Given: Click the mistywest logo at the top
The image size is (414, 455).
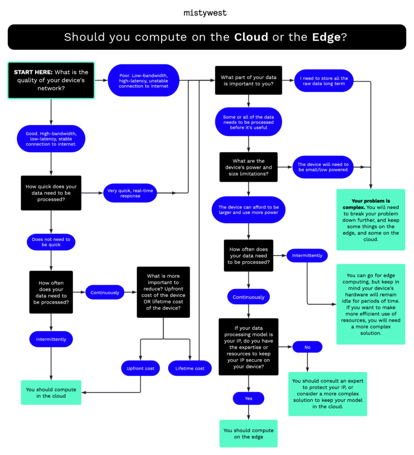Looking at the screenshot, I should coord(205,13).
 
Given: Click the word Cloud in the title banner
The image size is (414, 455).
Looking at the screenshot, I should coord(251,37).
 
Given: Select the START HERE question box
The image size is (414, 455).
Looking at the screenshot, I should coord(51,80).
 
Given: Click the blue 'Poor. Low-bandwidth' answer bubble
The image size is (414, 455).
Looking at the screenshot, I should coord(143,80).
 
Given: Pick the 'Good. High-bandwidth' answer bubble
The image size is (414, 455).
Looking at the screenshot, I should coord(51,138).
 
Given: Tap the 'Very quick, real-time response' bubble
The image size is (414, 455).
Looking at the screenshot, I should coord(130,193).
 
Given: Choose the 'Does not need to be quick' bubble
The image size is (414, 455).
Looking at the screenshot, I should coord(51,242).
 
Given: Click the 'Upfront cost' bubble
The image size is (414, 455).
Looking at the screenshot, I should coord(140,368).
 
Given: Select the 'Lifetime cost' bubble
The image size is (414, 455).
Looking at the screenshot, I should coord(190,368).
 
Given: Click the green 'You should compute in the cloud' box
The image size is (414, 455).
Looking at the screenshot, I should coord(51,392).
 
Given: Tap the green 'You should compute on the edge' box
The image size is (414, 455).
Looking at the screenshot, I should coord(248,433).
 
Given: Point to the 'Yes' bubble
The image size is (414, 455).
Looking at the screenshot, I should coord(248,398).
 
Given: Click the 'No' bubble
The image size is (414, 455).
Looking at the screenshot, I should coord(307,347).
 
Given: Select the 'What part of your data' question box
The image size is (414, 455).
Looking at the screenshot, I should coord(248,80).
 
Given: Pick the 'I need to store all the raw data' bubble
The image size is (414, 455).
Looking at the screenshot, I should coord(324,81).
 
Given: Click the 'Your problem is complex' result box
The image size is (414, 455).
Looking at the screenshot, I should coord(370,219).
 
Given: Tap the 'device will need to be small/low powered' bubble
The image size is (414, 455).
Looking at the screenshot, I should coord(323,167).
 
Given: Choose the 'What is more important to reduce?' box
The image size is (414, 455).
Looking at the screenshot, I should coord(163,292).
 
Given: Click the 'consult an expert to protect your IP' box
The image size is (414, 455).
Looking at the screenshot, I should coord(327,394).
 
